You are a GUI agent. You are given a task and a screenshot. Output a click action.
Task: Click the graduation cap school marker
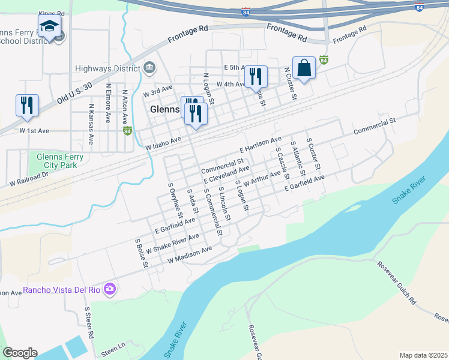click(49, 27)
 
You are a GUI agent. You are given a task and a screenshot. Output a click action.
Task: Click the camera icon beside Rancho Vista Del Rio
click(109, 290)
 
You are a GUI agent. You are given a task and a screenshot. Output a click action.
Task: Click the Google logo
click(20, 353)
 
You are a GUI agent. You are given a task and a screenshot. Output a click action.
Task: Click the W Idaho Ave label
click(163, 143)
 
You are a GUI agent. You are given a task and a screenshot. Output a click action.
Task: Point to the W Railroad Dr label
click(28, 178)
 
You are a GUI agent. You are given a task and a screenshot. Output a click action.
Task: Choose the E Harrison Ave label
click(260, 145)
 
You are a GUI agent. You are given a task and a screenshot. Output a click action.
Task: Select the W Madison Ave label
click(190, 254)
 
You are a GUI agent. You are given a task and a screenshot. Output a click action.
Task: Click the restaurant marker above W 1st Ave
click(27, 105)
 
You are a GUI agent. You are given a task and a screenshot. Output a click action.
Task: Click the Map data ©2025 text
click(423, 355)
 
